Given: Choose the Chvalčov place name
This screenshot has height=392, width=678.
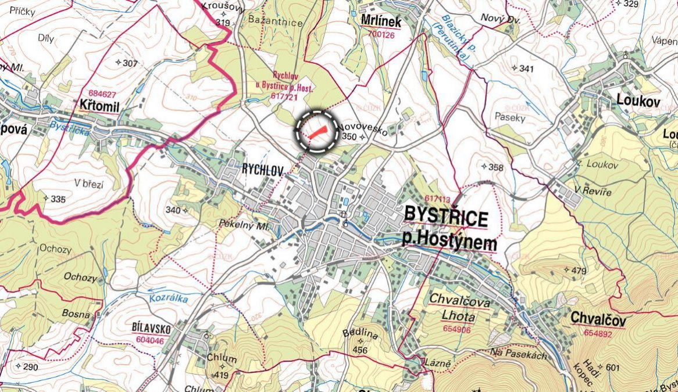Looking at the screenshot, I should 598,318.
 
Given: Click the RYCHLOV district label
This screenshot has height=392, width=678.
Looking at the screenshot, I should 262,171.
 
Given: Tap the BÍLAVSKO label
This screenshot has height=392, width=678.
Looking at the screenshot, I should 151,329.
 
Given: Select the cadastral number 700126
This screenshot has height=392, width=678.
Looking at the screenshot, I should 381,35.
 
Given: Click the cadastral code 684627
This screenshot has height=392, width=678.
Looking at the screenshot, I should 102,93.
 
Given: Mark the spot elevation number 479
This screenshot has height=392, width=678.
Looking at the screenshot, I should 579,271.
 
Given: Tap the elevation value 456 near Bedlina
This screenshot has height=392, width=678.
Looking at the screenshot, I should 361,350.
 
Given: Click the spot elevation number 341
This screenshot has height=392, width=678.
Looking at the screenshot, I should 526,69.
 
